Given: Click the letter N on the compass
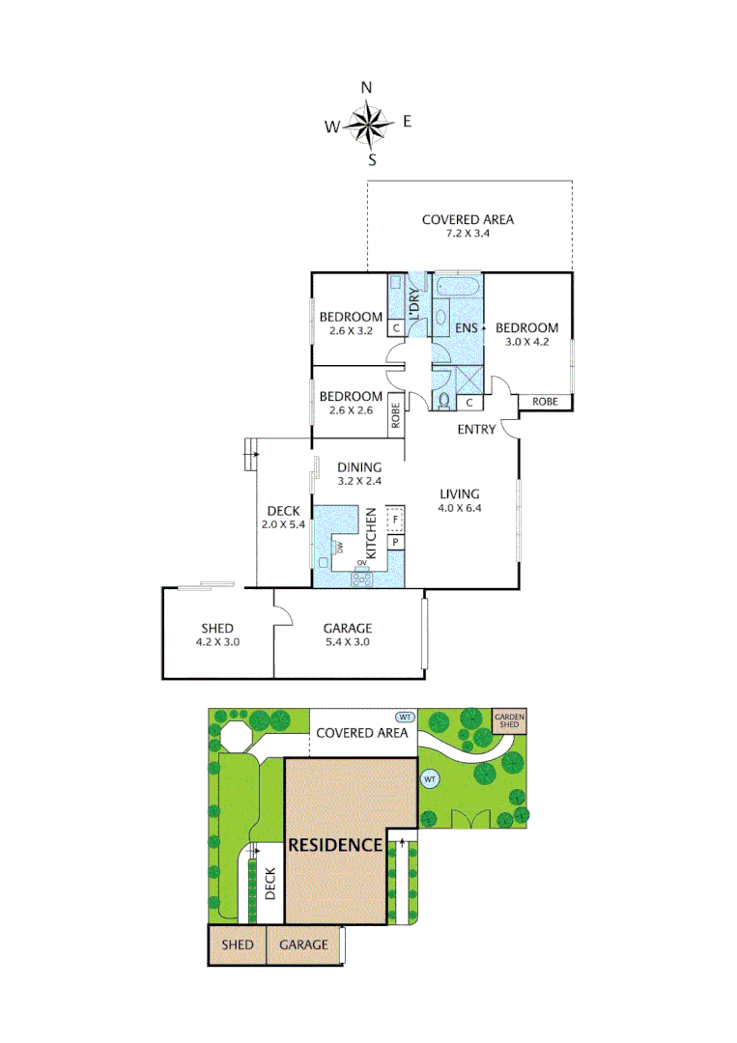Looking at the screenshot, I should pyautogui.click(x=366, y=88).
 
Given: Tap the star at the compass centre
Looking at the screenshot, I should pyautogui.click(x=367, y=123).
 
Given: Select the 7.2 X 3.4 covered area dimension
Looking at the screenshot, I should pyautogui.click(x=468, y=234).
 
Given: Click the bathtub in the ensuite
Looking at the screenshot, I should pyautogui.click(x=458, y=287).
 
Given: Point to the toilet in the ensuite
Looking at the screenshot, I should pyautogui.click(x=445, y=399).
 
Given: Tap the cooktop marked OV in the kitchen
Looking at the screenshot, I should pyautogui.click(x=363, y=578).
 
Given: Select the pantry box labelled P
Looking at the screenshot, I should pyautogui.click(x=395, y=544).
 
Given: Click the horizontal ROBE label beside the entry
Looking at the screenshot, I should pyautogui.click(x=545, y=401).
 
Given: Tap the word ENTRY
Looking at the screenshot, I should pyautogui.click(x=476, y=430).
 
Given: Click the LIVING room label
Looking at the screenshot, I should pyautogui.click(x=459, y=493).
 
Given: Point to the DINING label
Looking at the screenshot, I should pyautogui.click(x=359, y=467).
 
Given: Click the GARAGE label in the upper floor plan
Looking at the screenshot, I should pyautogui.click(x=347, y=628).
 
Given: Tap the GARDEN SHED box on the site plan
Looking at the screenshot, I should pyautogui.click(x=509, y=720).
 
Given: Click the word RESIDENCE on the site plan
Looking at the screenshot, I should pyautogui.click(x=336, y=844).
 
